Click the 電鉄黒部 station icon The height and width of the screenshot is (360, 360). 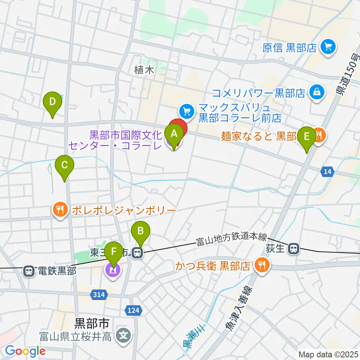tap(28, 271)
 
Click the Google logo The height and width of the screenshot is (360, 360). tap(25, 351)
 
